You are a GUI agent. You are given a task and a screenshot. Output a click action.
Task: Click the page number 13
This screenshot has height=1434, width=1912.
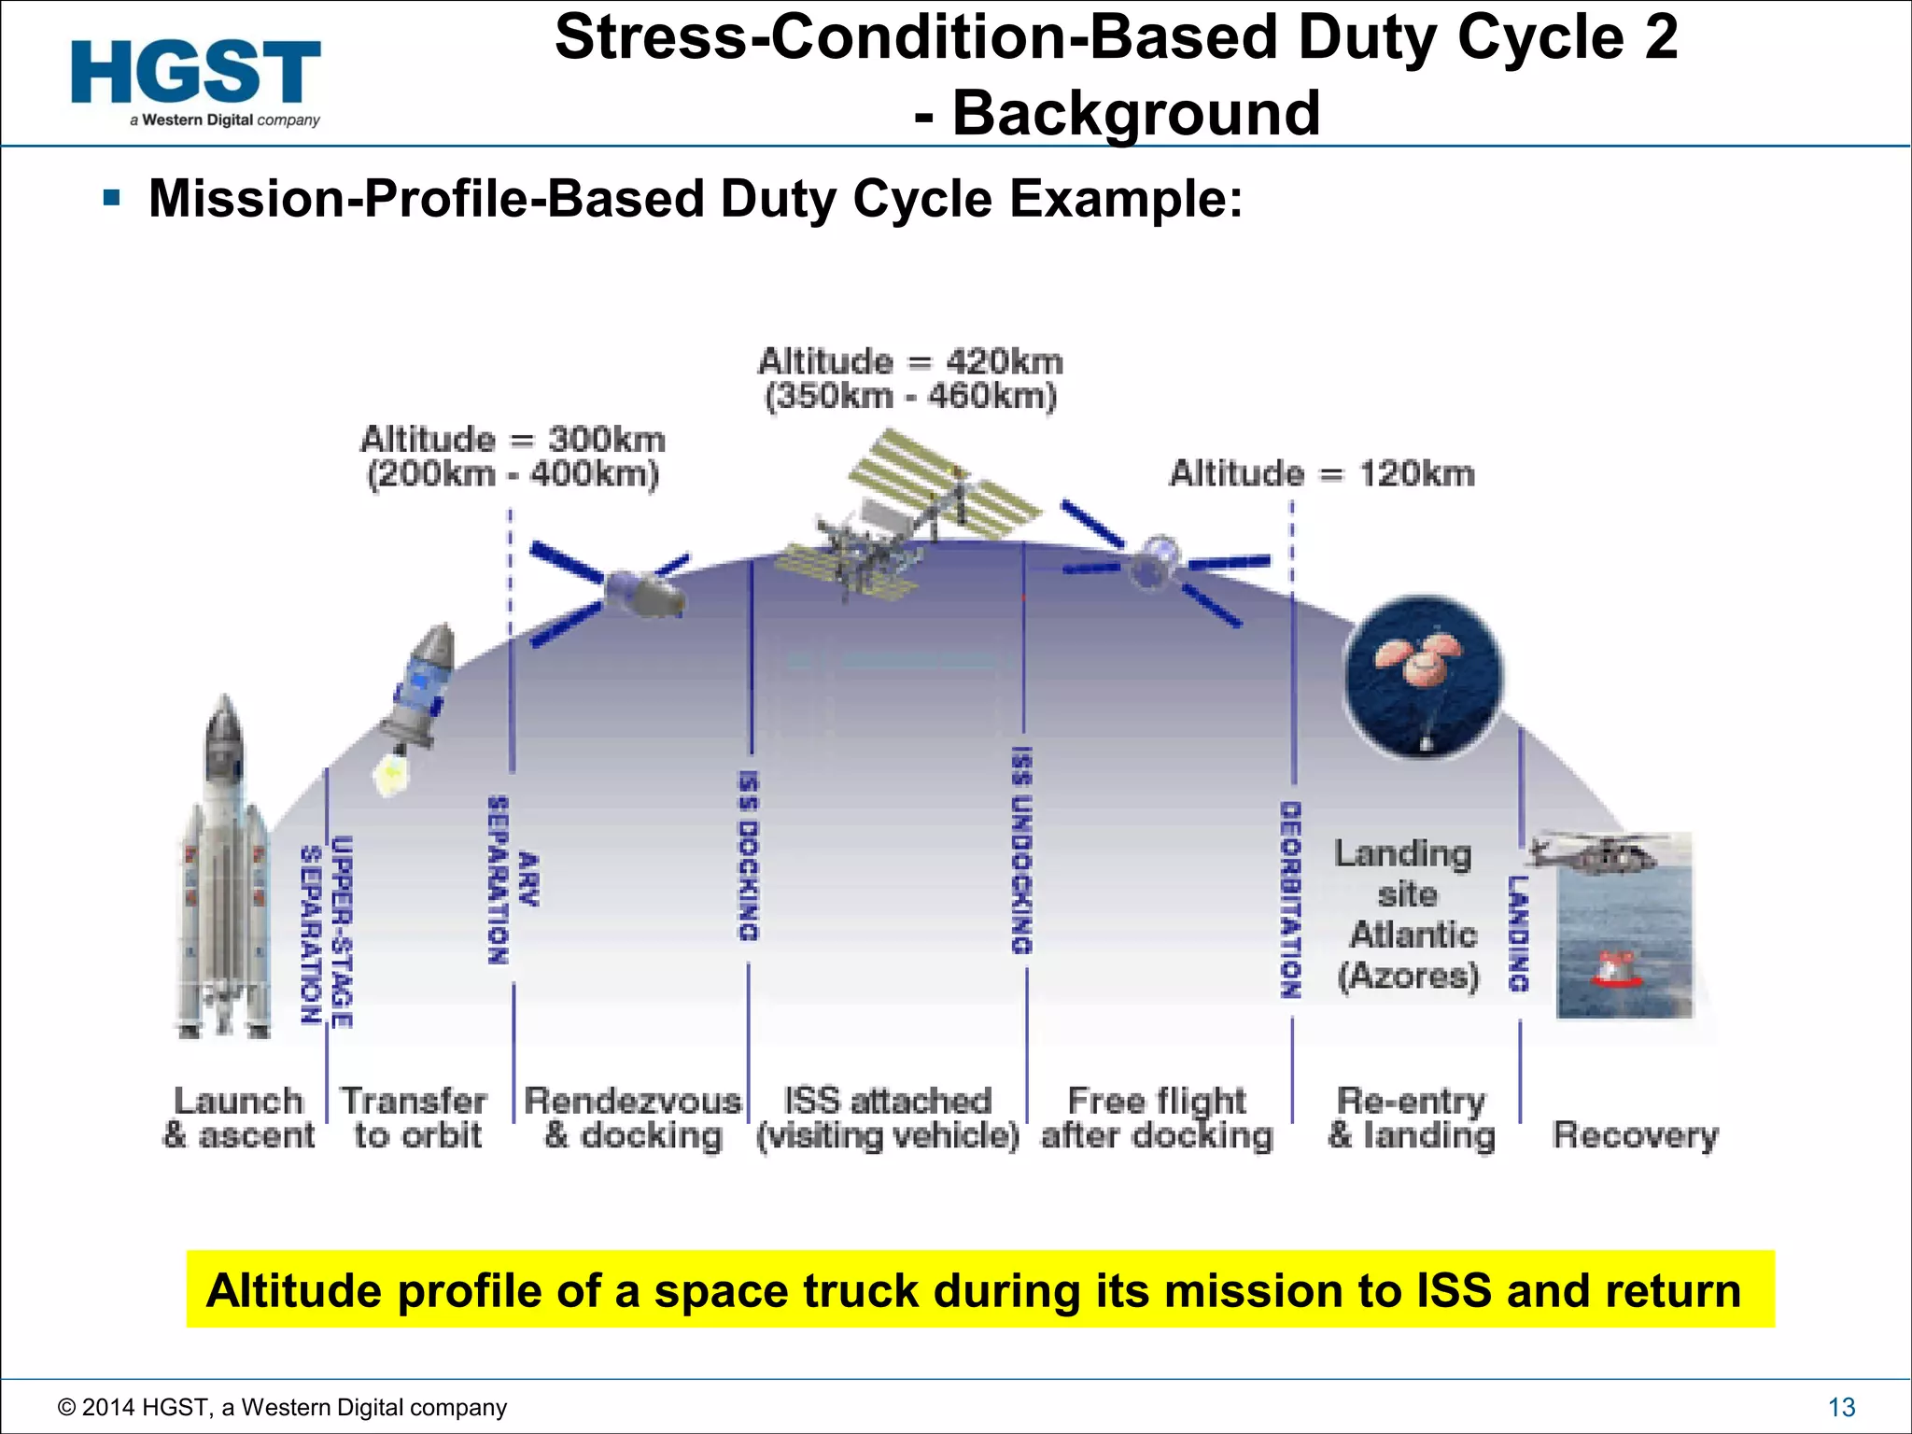[1841, 1407]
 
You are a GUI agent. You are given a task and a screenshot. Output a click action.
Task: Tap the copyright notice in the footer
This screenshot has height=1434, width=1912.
[282, 1407]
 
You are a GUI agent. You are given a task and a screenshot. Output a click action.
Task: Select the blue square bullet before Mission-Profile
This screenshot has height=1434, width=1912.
[113, 198]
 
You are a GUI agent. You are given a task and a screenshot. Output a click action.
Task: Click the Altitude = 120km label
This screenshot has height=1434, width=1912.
[1322, 473]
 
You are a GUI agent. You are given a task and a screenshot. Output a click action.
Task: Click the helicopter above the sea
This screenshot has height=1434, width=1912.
[1596, 851]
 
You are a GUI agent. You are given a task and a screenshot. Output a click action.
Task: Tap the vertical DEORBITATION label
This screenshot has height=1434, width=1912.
[1291, 899]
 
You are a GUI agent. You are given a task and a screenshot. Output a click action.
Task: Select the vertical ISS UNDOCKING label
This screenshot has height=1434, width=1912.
[1023, 850]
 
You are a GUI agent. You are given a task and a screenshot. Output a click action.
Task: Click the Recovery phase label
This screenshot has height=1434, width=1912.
[1635, 1135]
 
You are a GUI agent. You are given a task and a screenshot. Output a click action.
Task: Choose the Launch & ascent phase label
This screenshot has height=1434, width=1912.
[239, 1118]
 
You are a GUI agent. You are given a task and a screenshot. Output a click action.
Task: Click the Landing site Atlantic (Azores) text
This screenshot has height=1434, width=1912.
[1408, 915]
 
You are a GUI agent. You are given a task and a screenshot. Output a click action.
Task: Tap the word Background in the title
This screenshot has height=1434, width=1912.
[1136, 113]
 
